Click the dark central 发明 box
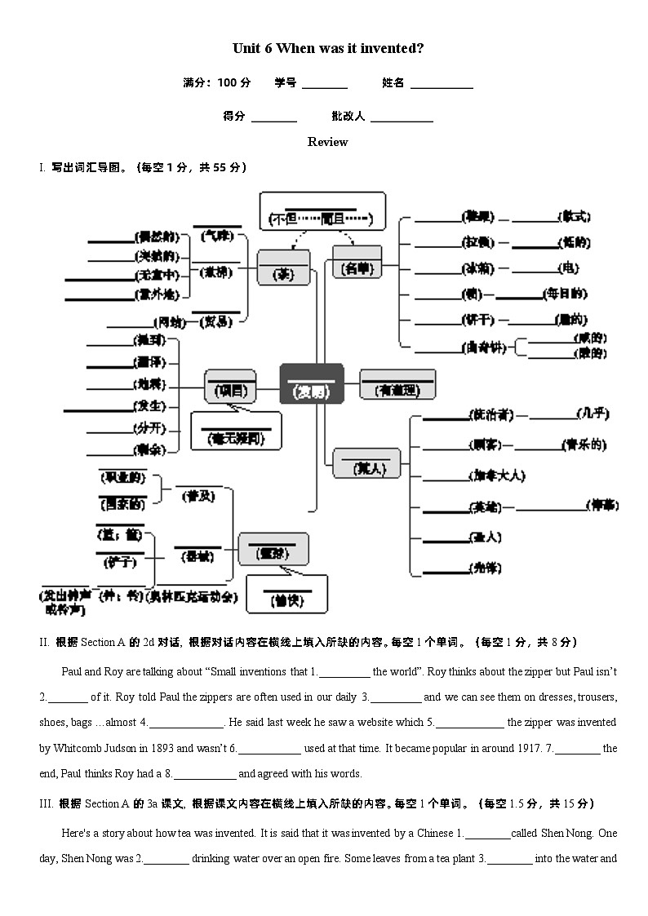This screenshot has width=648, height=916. click(311, 383)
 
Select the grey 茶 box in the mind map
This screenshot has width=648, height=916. click(283, 268)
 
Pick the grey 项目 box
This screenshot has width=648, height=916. click(229, 387)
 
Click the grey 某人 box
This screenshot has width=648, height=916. click(366, 463)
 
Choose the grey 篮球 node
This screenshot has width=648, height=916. click(273, 549)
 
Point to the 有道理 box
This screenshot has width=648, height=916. click(397, 384)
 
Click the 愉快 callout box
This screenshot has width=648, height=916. click(286, 595)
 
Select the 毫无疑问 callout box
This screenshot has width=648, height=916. click(236, 431)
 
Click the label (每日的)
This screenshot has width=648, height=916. click(566, 294)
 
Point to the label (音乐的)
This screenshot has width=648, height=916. click(584, 445)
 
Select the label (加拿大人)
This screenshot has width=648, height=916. click(497, 476)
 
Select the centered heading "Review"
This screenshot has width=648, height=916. click(327, 142)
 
